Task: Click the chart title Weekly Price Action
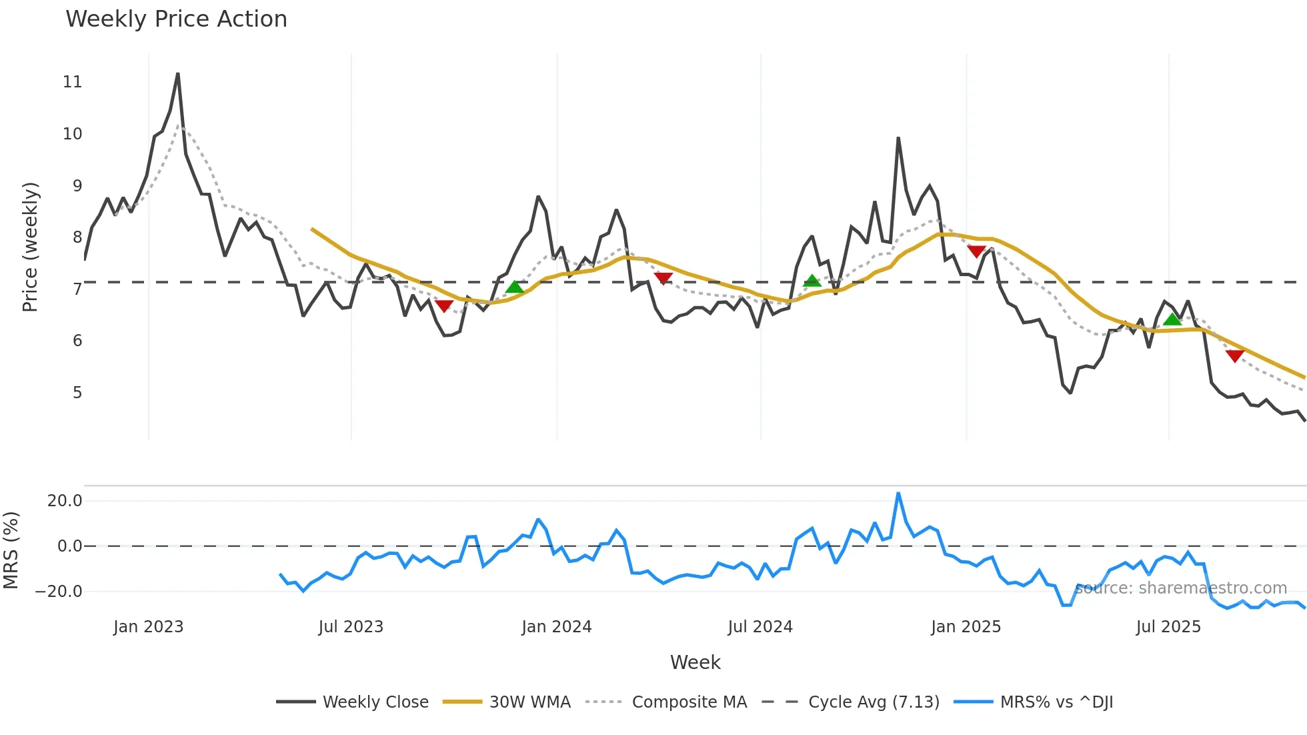pos(176,19)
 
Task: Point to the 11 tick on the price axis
pos(72,82)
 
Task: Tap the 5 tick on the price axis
pos(77,393)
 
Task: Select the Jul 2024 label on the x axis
pos(760,627)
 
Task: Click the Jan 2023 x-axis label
pos(148,627)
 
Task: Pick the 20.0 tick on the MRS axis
pos(65,501)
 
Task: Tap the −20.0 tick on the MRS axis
pos(59,592)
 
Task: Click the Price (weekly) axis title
pos(30,247)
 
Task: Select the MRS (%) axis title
pos(11,550)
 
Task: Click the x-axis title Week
pos(695,662)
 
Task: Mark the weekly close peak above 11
pos(178,73)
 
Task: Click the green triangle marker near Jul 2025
pos(1172,319)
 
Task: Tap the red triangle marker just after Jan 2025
pos(976,251)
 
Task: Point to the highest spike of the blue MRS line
pos(898,494)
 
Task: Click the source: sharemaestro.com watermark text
pos(1180,588)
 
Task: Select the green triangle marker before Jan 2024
pos(514,287)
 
